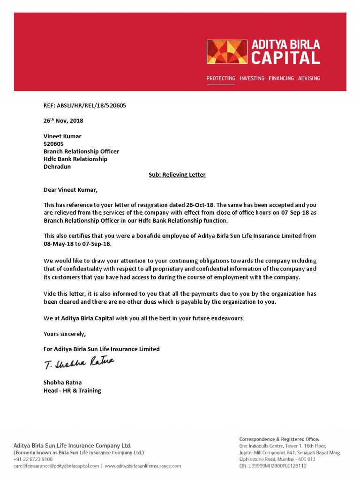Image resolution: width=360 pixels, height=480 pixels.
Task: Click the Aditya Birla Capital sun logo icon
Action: pyautogui.click(x=227, y=52)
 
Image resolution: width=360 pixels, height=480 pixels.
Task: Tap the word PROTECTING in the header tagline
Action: pyautogui.click(x=221, y=78)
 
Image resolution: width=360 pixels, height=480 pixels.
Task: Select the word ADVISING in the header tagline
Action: pyautogui.click(x=309, y=78)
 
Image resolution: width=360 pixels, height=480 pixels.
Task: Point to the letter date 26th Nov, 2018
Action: pyautogui.click(x=63, y=120)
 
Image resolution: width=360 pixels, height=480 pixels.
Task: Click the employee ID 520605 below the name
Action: pyautogui.click(x=53, y=144)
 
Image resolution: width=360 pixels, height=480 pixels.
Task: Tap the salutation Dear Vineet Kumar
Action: pyautogui.click(x=71, y=190)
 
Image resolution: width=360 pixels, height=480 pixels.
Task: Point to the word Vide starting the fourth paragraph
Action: pyautogui.click(x=50, y=294)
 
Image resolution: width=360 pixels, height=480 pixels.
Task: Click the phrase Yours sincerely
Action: pyautogui.click(x=65, y=334)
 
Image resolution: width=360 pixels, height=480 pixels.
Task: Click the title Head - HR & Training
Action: pyautogui.click(x=72, y=390)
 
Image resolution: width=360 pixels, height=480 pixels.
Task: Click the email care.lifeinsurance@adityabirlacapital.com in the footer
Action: pyautogui.click(x=56, y=466)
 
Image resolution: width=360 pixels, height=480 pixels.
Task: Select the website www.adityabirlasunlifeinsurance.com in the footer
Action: pyautogui.click(x=143, y=466)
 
